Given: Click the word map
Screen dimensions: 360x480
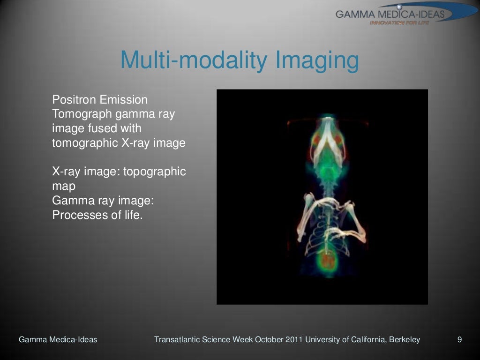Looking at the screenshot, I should pos(63,186).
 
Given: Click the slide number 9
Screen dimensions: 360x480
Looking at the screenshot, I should pos(459,340).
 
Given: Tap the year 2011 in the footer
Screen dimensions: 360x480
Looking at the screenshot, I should pos(294,340).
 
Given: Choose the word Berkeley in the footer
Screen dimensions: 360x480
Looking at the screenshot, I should pos(404,340).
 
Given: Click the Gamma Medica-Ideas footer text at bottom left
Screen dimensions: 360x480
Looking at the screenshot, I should pos(58,340).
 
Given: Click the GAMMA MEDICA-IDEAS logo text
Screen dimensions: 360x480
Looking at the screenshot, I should pos(390,14).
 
